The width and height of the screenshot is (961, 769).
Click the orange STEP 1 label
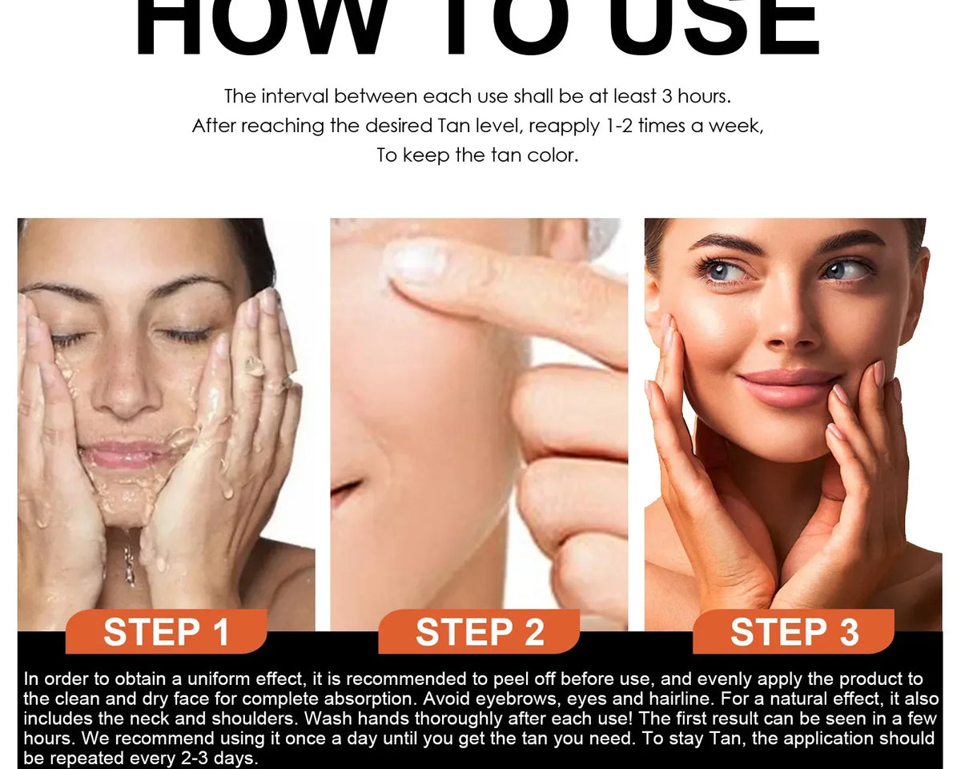(x=166, y=631)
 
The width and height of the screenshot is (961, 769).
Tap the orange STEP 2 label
(x=479, y=631)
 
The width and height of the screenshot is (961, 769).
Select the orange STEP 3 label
(x=794, y=631)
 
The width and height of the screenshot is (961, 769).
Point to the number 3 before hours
(x=667, y=96)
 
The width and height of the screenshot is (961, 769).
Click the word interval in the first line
(x=296, y=96)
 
